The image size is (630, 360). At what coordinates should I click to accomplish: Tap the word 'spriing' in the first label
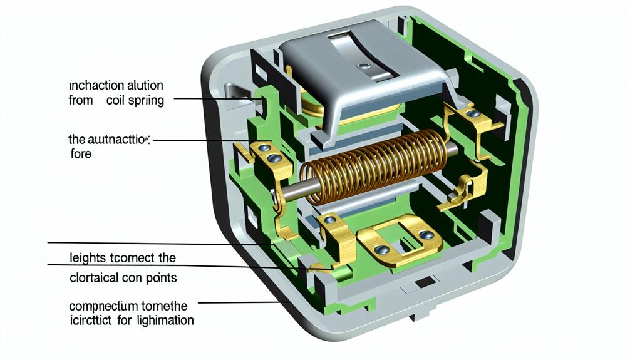coord(145,101)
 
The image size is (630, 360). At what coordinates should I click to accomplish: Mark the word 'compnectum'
coord(101,306)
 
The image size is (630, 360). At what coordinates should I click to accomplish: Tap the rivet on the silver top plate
coord(361,64)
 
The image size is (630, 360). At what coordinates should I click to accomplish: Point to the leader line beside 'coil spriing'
coord(213,99)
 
